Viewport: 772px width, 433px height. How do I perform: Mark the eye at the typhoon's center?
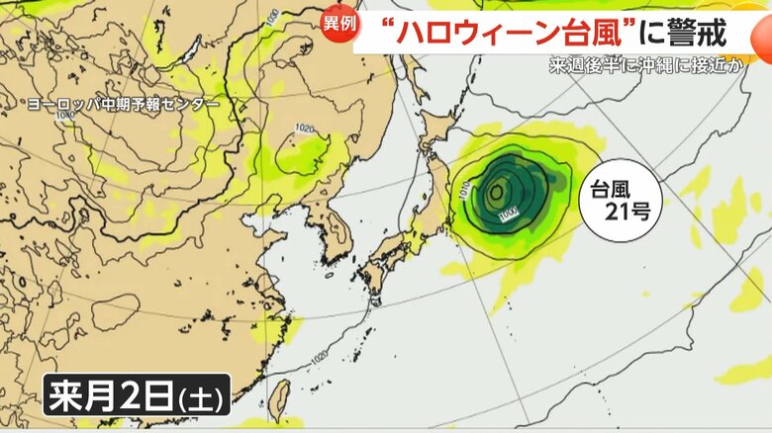click(495, 191)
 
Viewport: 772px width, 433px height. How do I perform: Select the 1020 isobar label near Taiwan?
click(319, 356)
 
